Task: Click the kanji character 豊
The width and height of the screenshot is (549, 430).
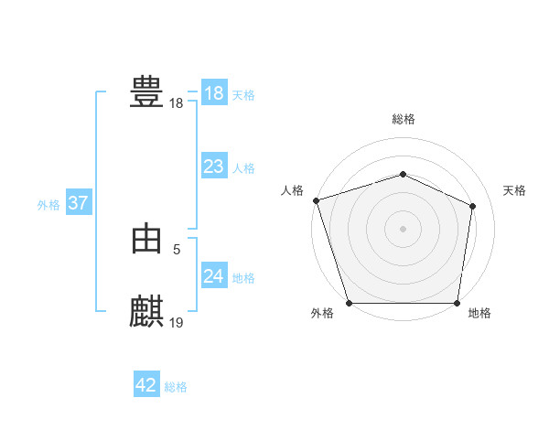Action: [x=146, y=92]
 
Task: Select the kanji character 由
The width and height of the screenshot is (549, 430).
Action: [x=146, y=240]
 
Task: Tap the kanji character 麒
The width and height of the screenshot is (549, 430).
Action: [x=146, y=311]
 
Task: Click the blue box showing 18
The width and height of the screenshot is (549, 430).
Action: [x=214, y=93]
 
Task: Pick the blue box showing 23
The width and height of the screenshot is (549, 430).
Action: [x=214, y=167]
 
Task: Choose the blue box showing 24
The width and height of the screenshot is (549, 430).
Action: [x=214, y=276]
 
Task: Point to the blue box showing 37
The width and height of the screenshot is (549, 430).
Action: [x=78, y=203]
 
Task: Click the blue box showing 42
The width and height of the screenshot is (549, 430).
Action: [x=146, y=385]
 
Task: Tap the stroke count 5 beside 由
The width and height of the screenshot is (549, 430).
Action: [x=177, y=248]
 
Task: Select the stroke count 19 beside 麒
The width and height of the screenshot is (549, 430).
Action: [x=177, y=321]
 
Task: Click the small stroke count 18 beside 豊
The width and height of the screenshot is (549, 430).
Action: [x=177, y=103]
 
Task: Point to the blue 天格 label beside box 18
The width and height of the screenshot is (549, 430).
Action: [x=243, y=95]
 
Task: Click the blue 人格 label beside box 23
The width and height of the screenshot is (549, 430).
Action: [x=243, y=168]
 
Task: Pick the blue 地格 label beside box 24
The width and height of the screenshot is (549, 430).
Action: [x=243, y=278]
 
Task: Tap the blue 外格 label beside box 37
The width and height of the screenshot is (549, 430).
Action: [x=48, y=205]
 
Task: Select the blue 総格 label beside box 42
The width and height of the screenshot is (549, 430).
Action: [x=176, y=387]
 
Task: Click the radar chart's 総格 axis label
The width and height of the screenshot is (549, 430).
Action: [x=403, y=119]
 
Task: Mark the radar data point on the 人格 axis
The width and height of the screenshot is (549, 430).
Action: [x=316, y=200]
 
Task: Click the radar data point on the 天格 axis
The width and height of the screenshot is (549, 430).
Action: [x=473, y=205]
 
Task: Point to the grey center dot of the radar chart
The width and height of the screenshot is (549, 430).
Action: [x=403, y=228]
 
